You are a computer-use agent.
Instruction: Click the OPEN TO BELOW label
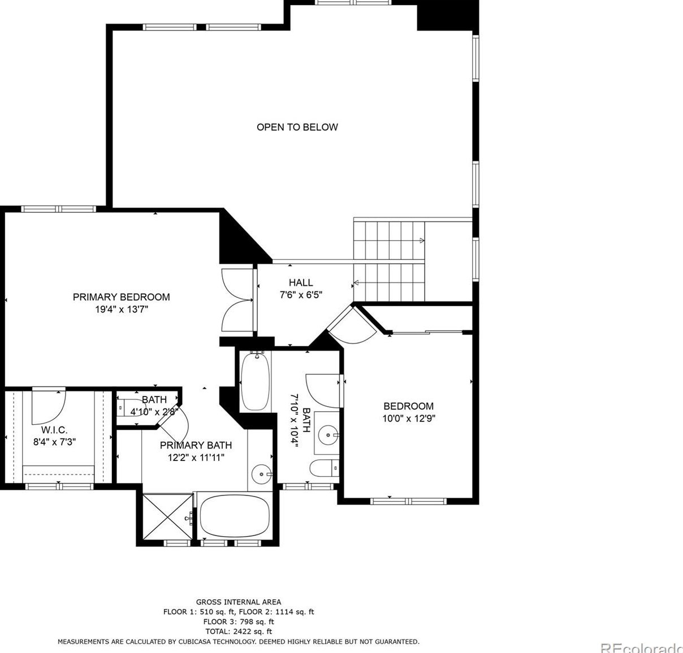coord(297,127)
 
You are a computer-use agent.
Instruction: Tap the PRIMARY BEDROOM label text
coord(121,297)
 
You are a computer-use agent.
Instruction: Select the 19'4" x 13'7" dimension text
coord(122,310)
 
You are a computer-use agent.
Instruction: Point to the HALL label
coord(301,282)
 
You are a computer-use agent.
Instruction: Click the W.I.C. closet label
coord(54,430)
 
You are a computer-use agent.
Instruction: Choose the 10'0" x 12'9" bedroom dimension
coord(409,419)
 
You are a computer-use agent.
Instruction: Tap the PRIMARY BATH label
coord(196,445)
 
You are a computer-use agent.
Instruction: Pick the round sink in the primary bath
coord(262,474)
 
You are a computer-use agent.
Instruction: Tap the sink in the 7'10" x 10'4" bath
coord(328,435)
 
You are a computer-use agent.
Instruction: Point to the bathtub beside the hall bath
coord(255,381)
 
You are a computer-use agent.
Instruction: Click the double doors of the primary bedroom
coord(237,300)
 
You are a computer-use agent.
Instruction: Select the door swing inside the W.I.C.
coord(49,406)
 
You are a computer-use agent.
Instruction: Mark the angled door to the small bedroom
coord(352,324)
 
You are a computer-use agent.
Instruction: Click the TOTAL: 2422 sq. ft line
coord(238,632)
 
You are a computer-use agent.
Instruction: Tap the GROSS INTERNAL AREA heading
coord(238,602)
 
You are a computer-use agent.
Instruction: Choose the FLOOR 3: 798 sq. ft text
coord(238,622)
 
